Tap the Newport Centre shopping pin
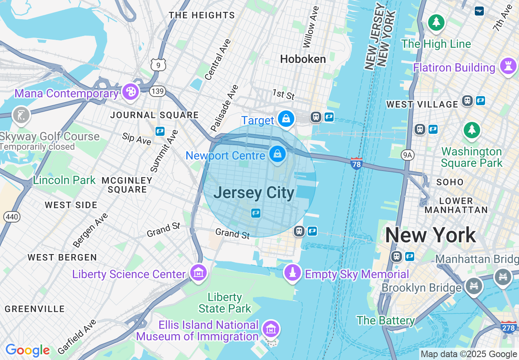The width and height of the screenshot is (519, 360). pyautogui.click(x=278, y=155)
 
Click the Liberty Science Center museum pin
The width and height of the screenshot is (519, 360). pyautogui.click(x=199, y=272)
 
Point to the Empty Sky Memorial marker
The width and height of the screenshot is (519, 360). pyautogui.click(x=292, y=273)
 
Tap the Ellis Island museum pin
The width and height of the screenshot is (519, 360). pyautogui.click(x=271, y=328)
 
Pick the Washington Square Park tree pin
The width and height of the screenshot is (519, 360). pyautogui.click(x=472, y=130)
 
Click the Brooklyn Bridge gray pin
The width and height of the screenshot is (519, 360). pyautogui.click(x=474, y=285)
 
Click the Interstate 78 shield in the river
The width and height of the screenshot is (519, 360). pyautogui.click(x=356, y=163)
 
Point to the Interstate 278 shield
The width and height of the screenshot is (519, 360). pyautogui.click(x=508, y=327)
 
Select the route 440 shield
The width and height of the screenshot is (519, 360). pyautogui.click(x=12, y=217)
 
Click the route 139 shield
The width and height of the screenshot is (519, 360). pyautogui.click(x=157, y=91)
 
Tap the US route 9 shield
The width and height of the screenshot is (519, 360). pyautogui.click(x=158, y=64)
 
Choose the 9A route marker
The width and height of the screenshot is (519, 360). pyautogui.click(x=407, y=155)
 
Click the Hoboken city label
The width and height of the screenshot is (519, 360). pyautogui.click(x=303, y=59)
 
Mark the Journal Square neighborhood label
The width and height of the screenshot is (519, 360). pyautogui.click(x=154, y=115)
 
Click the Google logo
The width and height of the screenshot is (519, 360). pyautogui.click(x=27, y=350)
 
